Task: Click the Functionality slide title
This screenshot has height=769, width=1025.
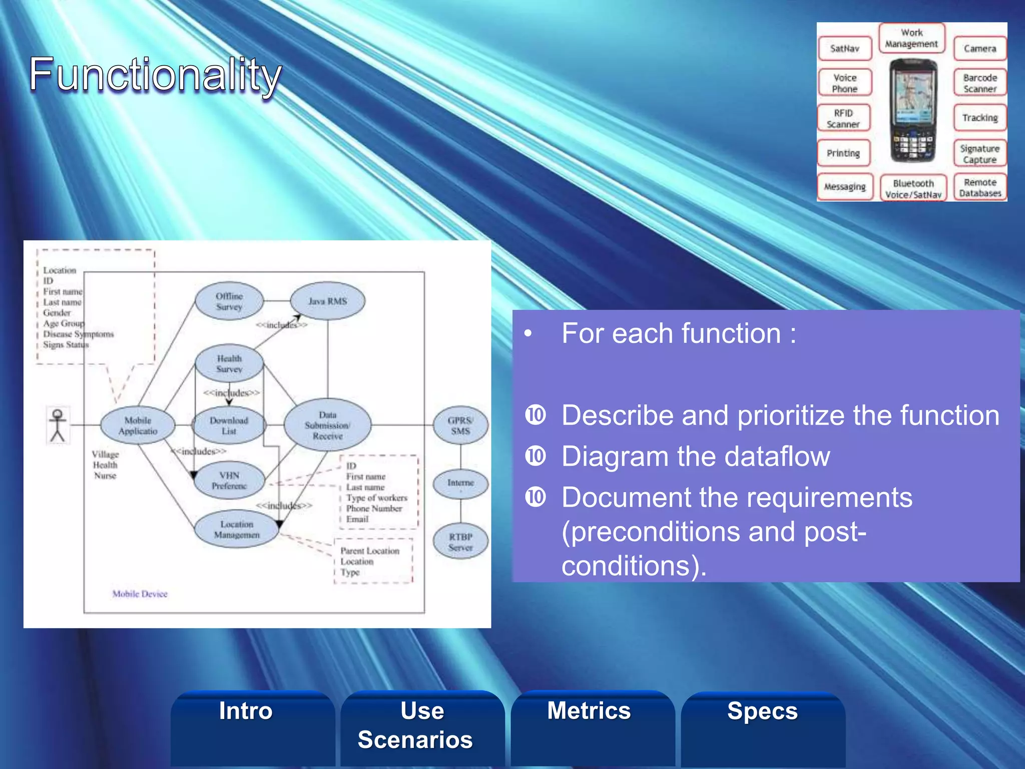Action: [x=155, y=75]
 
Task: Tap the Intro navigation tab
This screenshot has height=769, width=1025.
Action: [x=246, y=711]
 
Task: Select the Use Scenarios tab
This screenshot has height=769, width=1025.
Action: [x=415, y=725]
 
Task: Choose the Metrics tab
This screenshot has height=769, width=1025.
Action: [x=589, y=711]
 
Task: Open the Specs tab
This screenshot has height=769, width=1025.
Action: [x=762, y=711]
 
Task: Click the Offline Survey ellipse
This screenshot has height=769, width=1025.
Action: [x=229, y=301]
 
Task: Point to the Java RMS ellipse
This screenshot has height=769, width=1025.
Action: [x=328, y=301]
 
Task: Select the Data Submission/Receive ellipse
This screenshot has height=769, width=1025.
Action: [x=328, y=426]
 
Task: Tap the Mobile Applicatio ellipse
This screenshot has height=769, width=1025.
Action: [x=138, y=426]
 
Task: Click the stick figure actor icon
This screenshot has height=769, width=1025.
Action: [x=58, y=426]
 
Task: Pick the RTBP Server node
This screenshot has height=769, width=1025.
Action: [x=460, y=542]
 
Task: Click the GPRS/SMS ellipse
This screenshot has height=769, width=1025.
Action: [x=460, y=426]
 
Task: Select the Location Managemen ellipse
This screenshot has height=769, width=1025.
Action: [x=237, y=530]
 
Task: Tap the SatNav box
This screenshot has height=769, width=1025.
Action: [x=845, y=49]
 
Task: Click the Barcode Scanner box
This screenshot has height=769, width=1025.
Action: [x=980, y=83]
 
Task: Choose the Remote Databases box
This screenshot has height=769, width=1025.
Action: [x=980, y=188]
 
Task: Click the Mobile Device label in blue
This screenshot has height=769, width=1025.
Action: [x=140, y=594]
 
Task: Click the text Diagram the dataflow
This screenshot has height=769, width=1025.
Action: [x=696, y=457]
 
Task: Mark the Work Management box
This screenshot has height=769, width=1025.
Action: [x=912, y=38]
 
